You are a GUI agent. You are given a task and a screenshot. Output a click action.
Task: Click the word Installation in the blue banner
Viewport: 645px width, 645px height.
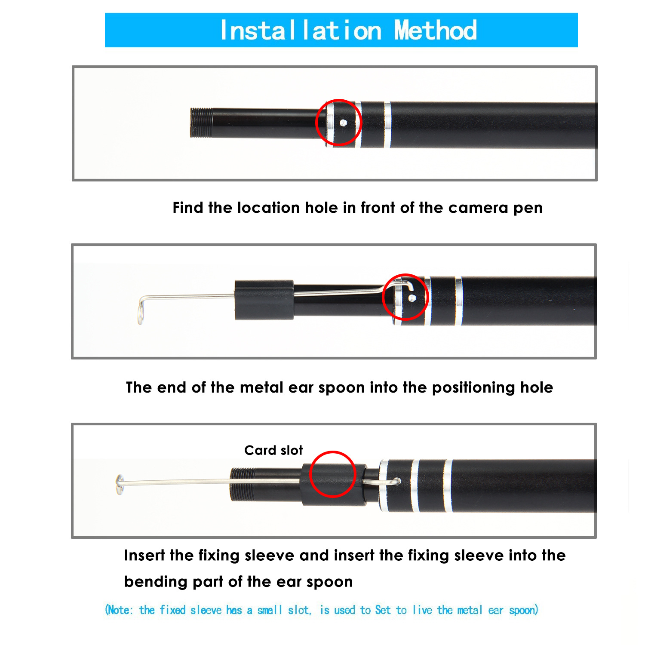(x=301, y=30)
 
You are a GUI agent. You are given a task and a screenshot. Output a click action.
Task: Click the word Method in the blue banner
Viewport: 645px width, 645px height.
(x=436, y=30)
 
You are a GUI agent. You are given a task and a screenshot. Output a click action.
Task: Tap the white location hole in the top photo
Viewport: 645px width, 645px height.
(x=343, y=123)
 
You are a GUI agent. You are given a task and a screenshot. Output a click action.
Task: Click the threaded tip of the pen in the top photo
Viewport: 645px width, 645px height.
(x=201, y=123)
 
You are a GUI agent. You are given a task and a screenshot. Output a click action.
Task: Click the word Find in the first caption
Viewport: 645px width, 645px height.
(x=188, y=208)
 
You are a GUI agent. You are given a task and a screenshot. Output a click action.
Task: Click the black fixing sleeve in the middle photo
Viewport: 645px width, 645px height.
(x=264, y=300)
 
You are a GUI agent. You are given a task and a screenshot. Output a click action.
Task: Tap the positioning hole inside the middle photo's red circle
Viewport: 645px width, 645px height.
(x=412, y=298)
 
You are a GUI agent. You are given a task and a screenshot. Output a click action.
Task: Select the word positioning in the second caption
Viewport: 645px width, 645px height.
(x=474, y=388)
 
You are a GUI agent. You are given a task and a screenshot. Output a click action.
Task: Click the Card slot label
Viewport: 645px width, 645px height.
(x=273, y=450)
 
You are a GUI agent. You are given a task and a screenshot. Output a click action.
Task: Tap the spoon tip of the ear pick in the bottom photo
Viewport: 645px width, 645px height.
(x=120, y=485)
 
